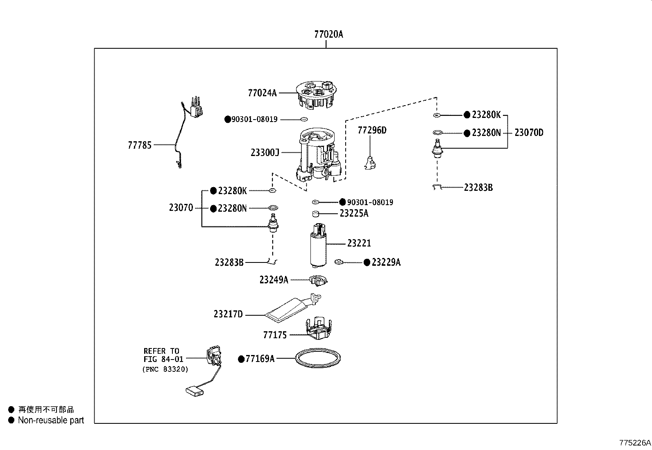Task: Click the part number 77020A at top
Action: (328, 34)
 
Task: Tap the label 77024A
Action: (262, 93)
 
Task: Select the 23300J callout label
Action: (265, 153)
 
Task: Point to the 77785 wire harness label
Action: (140, 145)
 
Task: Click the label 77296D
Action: (372, 130)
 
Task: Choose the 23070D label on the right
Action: (529, 133)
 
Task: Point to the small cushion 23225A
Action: (315, 214)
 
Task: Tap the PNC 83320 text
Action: (165, 369)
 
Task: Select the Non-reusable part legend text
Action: (51, 420)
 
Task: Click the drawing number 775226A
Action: (635, 443)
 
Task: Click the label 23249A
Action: (274, 280)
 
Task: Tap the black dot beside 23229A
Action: (367, 262)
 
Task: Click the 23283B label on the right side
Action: (478, 188)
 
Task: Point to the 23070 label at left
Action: (181, 208)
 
